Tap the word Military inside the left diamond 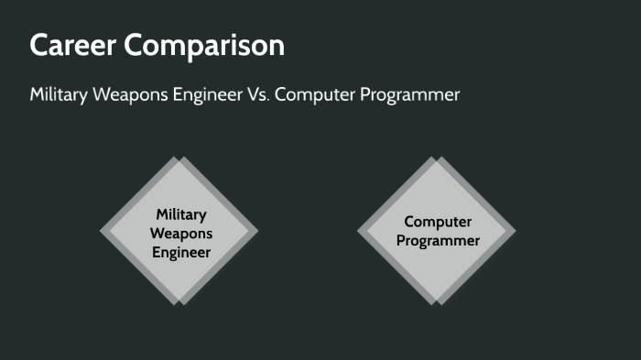[x=181, y=213]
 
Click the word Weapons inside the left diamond [x=181, y=233]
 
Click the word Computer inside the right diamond [x=438, y=222]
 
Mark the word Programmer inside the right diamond [x=438, y=241]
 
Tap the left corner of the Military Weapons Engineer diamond [x=100, y=231]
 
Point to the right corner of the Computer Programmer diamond [x=516, y=231]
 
